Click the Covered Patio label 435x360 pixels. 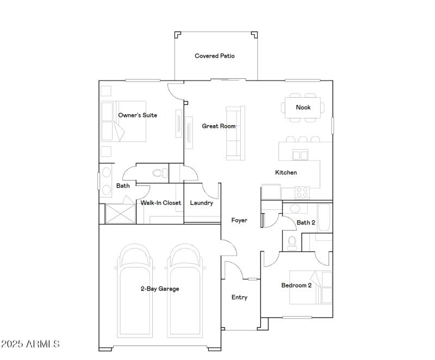[215, 56]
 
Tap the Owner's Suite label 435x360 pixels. [138, 115]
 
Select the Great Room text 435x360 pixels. [219, 126]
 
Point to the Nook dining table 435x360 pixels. [303, 108]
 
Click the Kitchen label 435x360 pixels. [286, 172]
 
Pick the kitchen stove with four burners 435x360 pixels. [302, 192]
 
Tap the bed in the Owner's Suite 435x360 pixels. [124, 121]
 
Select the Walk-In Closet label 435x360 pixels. [161, 203]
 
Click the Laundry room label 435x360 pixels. [201, 203]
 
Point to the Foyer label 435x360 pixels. [239, 220]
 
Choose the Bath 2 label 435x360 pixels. [306, 222]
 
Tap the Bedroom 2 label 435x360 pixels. [296, 285]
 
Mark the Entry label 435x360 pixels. [239, 297]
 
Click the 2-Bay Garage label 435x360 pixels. [160, 289]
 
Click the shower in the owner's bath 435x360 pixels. [119, 213]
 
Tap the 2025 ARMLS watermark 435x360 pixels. [30, 344]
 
